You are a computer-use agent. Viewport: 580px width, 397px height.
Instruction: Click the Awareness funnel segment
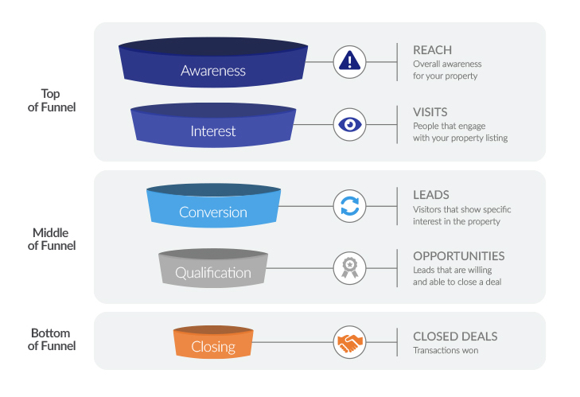213,63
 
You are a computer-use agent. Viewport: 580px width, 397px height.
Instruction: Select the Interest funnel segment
213,126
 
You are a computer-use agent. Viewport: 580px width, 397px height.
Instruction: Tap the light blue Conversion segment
213,206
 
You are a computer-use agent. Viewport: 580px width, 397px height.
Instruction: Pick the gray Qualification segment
213,268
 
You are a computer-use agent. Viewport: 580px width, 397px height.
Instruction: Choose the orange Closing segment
213,342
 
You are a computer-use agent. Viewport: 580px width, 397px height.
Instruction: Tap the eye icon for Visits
349,124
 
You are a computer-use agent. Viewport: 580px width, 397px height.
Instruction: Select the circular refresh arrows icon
349,206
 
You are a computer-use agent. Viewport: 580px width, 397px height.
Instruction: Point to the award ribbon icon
349,268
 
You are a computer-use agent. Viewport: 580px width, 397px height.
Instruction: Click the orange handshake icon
349,342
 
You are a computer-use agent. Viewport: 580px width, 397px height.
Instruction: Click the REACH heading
432,50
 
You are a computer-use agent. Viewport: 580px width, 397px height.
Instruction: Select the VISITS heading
430,112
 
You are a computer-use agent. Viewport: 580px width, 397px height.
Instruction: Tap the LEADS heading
431,195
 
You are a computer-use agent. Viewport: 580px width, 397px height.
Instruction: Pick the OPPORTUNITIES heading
459,256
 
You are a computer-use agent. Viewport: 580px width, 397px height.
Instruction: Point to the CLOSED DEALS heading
455,337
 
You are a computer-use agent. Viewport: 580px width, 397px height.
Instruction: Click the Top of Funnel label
52,100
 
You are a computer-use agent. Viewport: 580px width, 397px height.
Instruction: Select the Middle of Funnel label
52,239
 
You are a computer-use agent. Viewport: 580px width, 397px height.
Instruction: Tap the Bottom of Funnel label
52,339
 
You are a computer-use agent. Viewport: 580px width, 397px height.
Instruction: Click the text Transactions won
446,350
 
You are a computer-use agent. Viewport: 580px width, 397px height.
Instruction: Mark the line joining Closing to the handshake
293,342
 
